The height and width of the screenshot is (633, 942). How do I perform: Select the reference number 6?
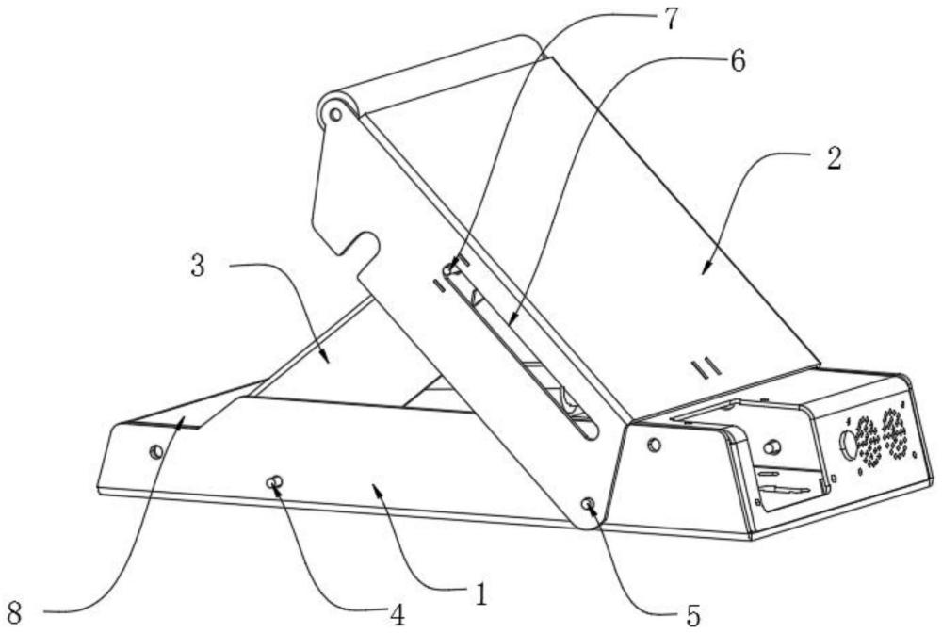(x=737, y=63)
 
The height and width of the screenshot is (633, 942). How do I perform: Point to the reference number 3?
(x=198, y=267)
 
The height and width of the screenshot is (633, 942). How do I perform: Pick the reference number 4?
(x=398, y=614)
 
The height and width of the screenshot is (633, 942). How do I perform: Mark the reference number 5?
(x=693, y=614)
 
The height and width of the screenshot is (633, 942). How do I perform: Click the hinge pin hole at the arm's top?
(x=333, y=115)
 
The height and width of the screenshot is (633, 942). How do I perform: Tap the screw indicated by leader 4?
(x=273, y=484)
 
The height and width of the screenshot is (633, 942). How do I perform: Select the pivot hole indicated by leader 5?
(x=589, y=506)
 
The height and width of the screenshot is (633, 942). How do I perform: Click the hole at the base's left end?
(x=156, y=451)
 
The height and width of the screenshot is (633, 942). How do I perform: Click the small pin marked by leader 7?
(x=447, y=271)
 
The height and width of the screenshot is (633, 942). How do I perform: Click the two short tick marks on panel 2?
(x=706, y=365)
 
